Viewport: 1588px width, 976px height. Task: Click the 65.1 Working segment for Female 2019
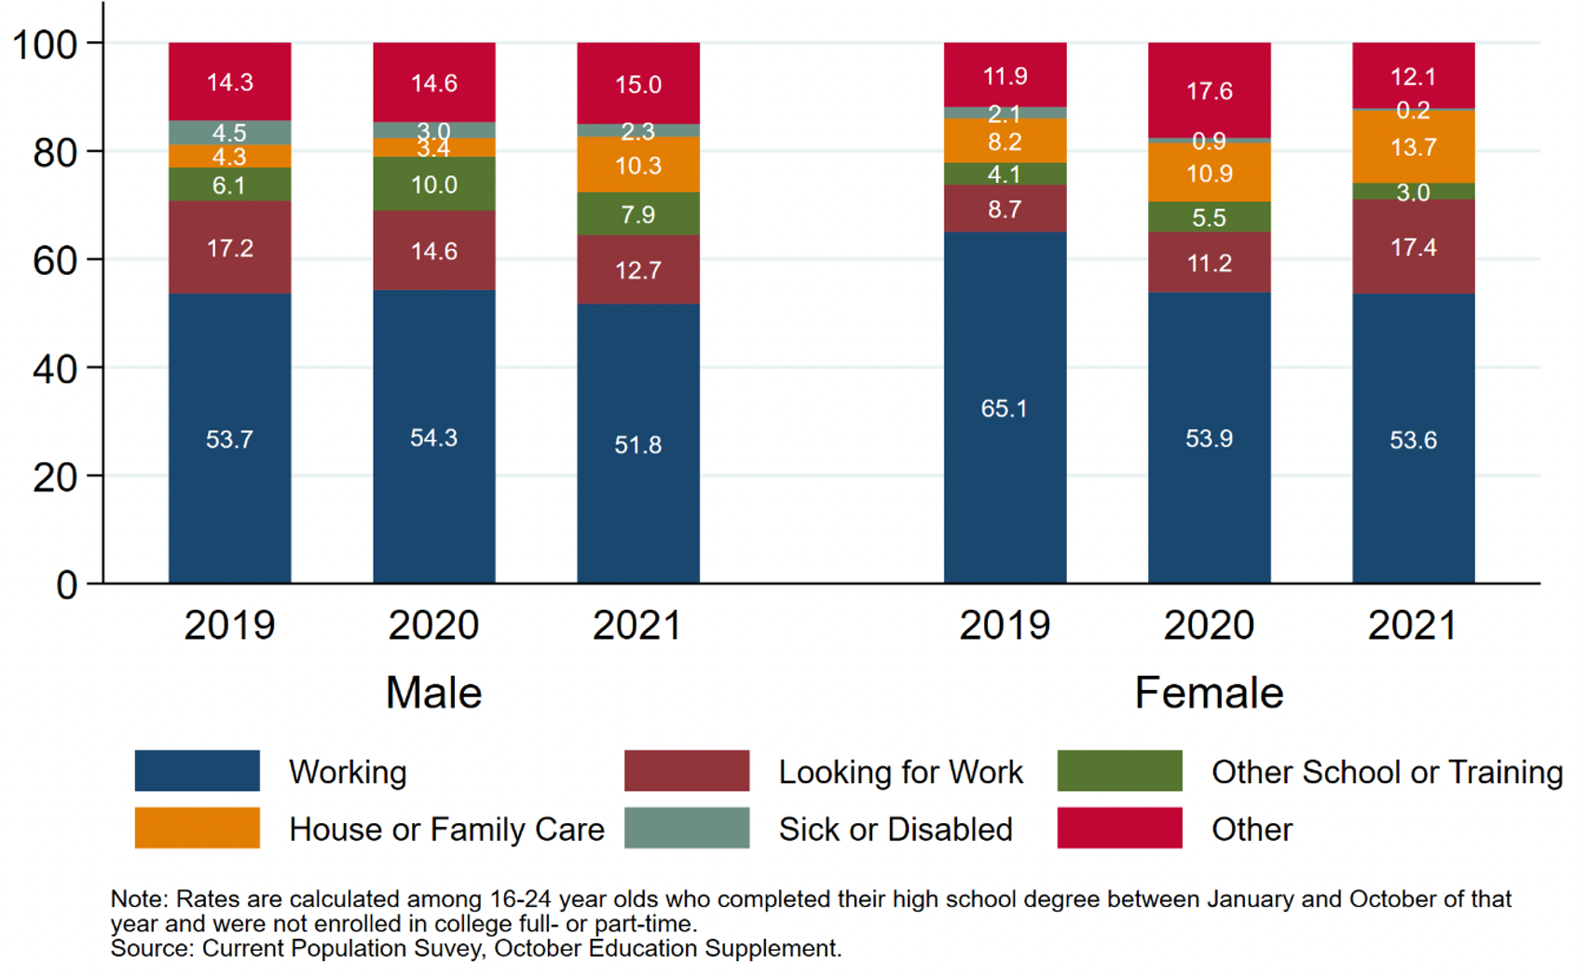coord(1005,407)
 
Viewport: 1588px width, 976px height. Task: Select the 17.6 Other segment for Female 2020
coord(1209,90)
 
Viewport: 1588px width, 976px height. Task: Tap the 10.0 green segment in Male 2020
coord(433,184)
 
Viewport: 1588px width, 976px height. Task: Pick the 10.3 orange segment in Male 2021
coord(637,165)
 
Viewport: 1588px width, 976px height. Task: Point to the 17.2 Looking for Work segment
coord(229,247)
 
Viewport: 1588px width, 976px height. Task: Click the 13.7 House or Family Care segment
coord(1413,146)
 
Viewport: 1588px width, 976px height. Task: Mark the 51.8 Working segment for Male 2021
coord(637,444)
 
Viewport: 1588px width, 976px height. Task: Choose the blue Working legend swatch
coord(197,771)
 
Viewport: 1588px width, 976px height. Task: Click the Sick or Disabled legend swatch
coord(686,828)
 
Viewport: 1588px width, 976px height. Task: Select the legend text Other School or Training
coord(1387,772)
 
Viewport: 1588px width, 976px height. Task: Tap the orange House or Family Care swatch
coord(197,828)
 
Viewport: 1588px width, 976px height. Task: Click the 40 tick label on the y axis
coord(54,369)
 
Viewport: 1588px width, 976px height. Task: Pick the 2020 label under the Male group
coord(433,625)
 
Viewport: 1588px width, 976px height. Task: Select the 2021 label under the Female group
coord(1413,625)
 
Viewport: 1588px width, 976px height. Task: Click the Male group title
coord(433,693)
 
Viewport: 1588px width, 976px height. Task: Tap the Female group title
coord(1209,693)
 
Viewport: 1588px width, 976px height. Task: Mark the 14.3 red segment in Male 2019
coord(229,82)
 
